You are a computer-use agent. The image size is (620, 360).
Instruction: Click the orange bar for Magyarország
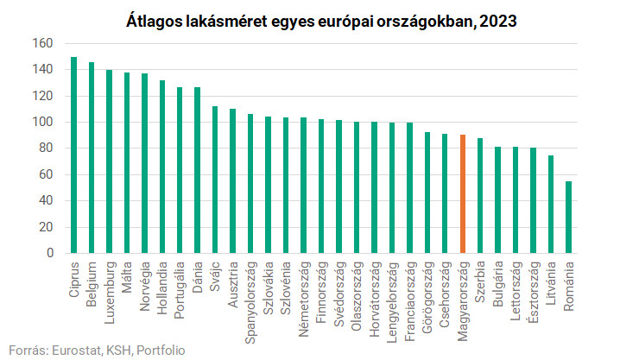[x=463, y=194]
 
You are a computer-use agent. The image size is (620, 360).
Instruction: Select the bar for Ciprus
[x=74, y=155]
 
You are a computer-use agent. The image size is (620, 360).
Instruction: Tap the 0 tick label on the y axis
[x=50, y=254]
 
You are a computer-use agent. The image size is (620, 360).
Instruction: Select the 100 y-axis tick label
[x=43, y=122]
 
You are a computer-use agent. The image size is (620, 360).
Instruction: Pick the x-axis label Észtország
[x=534, y=290]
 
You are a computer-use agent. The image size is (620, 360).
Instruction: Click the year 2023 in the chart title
[x=495, y=19]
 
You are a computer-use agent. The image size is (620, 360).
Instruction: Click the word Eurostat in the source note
[x=71, y=350]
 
